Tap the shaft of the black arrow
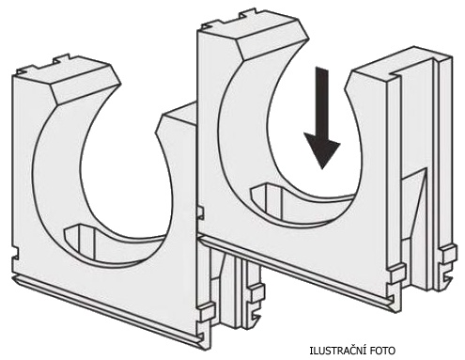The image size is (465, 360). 322,102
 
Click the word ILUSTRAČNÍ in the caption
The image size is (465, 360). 335,351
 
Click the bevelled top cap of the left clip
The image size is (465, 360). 84,84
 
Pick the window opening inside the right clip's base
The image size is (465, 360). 266,200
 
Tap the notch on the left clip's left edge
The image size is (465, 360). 15,255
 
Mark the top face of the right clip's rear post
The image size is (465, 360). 407,61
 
